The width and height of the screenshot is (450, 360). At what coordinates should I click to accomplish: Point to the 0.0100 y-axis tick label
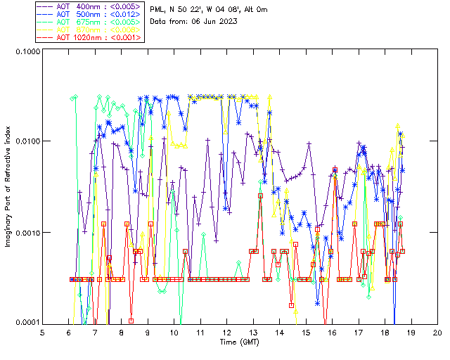point(27,142)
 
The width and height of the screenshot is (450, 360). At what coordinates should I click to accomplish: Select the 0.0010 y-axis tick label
point(27,233)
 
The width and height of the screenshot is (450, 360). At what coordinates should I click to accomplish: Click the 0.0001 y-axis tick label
point(27,323)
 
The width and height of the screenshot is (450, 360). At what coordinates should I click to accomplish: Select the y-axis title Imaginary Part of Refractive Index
point(10,187)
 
